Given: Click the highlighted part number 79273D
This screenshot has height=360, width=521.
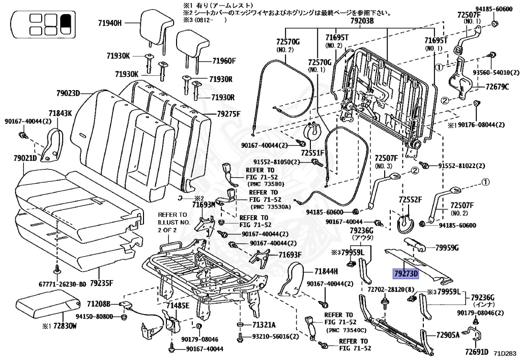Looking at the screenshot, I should [x=405, y=274].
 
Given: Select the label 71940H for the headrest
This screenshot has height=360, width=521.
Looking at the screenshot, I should [x=110, y=23].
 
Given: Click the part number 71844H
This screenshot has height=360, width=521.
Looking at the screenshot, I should [x=326, y=271].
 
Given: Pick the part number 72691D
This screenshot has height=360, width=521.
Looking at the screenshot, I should [x=476, y=351].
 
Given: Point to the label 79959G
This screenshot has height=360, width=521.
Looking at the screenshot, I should [x=447, y=248].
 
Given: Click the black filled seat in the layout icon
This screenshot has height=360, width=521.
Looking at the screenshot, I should [x=65, y=21].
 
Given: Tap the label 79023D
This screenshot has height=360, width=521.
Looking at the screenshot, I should [x=69, y=93].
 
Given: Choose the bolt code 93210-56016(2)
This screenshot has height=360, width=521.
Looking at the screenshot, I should [x=276, y=337].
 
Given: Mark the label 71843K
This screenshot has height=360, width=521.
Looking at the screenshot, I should [x=61, y=113].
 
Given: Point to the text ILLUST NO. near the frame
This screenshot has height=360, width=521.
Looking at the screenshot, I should [x=173, y=222].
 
